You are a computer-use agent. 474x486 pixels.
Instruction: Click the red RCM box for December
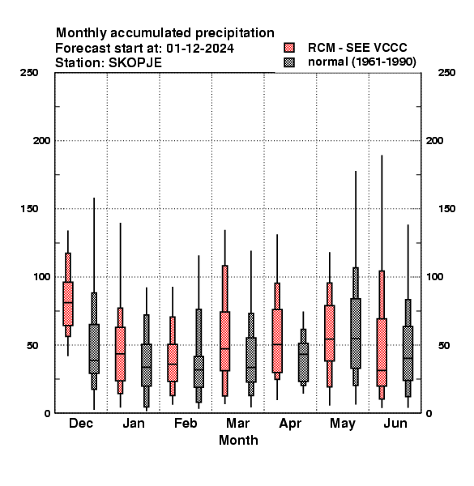tap(68, 304)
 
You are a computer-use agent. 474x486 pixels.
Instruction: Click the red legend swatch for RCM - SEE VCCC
tap(289, 48)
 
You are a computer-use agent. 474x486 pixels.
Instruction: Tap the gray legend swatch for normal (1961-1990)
tap(289, 62)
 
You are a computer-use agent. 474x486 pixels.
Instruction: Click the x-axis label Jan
tap(134, 424)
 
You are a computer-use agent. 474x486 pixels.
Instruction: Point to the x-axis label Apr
tap(290, 424)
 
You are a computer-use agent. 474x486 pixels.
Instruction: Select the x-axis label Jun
tap(395, 424)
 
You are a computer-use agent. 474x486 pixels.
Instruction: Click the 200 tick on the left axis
tap(41, 141)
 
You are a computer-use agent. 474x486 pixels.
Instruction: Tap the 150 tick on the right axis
tap(447, 209)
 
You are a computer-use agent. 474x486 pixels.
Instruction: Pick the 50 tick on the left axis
tap(32, 345)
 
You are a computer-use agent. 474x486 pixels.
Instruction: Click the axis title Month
tap(238, 441)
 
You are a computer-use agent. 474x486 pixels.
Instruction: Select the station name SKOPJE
tap(135, 63)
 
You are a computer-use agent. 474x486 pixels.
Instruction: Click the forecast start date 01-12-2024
tap(200, 49)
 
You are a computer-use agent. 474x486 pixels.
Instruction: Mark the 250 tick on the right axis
tap(447, 73)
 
